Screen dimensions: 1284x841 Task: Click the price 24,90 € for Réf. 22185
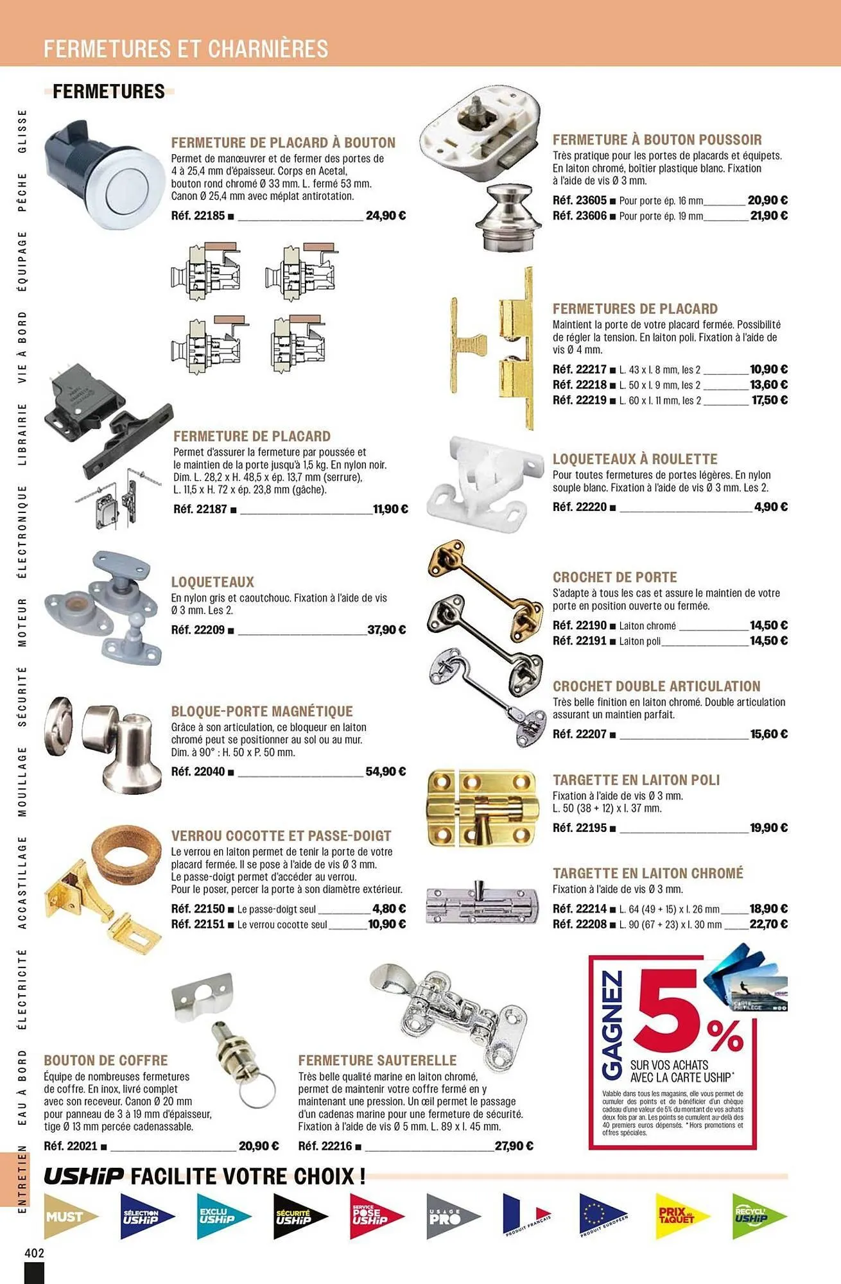coord(385,216)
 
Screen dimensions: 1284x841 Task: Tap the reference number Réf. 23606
coord(579,216)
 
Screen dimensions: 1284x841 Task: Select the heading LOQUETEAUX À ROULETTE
coord(635,459)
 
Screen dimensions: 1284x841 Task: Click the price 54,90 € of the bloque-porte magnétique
coord(385,772)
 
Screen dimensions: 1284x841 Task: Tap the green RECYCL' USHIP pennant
coord(756,1215)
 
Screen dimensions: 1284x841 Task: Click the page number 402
coord(34,1253)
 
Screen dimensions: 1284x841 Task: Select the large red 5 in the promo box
coord(671,1007)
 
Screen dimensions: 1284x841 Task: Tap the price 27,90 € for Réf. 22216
coord(514,1145)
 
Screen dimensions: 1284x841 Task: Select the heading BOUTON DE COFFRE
coord(106,1060)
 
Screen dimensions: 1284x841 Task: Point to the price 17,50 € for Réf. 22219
coord(769,400)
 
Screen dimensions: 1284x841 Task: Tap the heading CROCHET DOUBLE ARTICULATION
coord(656,686)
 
